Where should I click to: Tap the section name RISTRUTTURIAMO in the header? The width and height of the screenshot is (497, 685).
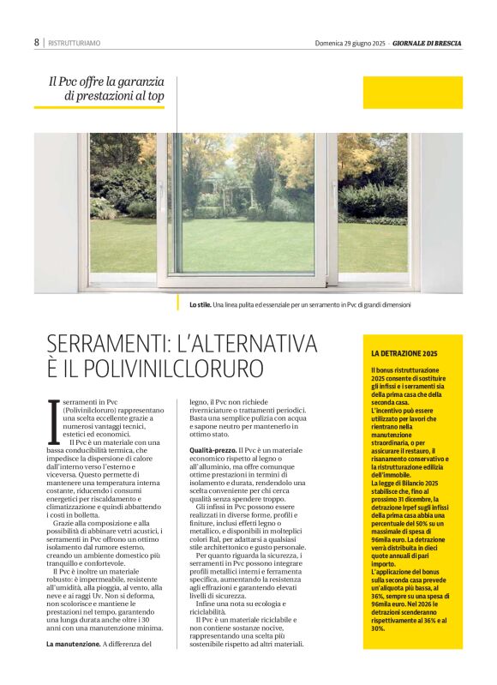75,42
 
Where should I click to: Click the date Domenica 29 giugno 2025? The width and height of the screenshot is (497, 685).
350,42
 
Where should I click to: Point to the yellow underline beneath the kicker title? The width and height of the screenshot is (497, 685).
99,107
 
